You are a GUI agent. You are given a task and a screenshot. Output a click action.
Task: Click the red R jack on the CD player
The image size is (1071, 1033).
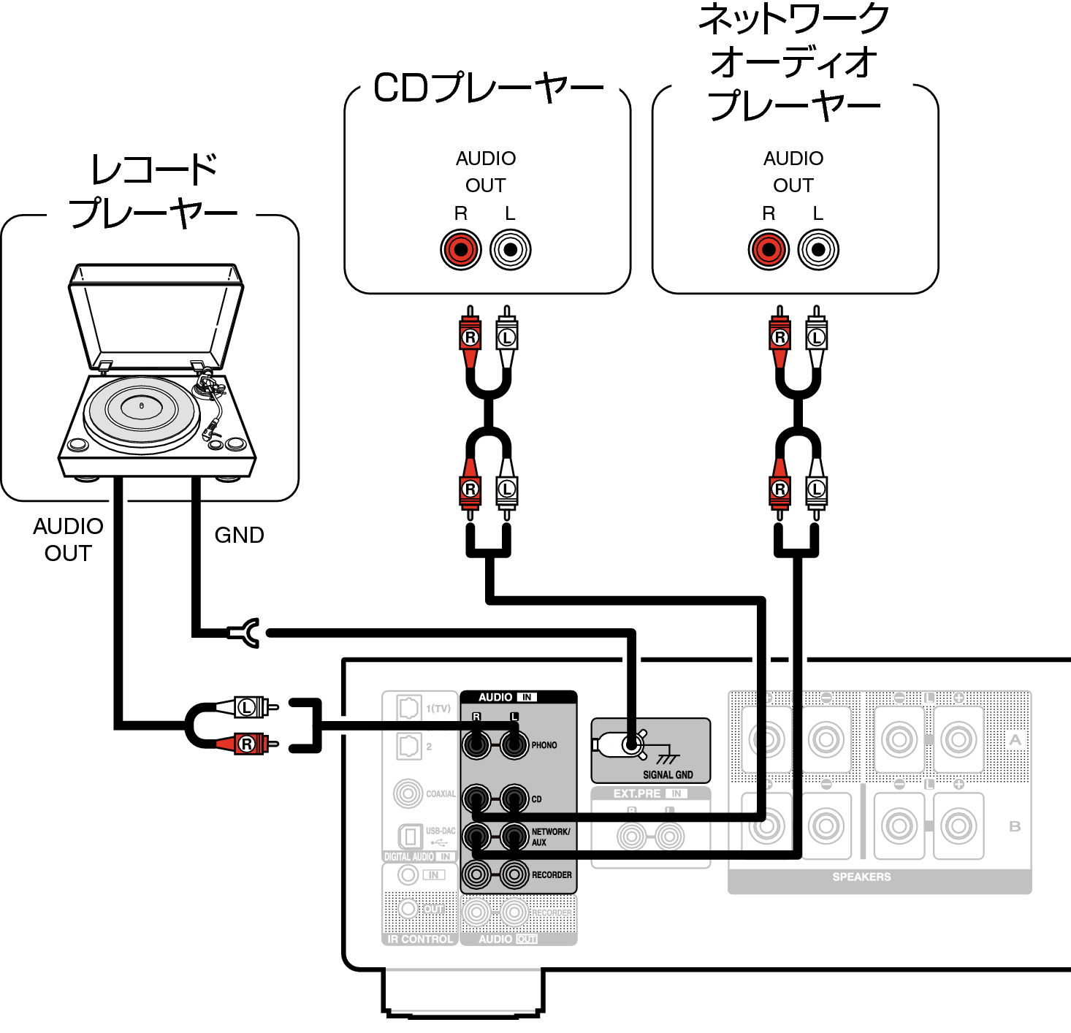[x=460, y=249]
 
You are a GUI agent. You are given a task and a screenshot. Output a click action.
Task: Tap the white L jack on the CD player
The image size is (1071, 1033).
[x=510, y=249]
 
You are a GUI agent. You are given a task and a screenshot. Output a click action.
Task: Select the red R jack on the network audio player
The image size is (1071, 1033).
[x=769, y=249]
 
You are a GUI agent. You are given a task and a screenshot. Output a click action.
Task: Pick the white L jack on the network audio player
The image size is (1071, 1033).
[x=818, y=249]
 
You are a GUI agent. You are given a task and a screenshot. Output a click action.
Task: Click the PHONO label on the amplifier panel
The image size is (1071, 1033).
[x=544, y=745]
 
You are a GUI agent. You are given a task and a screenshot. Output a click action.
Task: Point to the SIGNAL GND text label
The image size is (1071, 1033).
[x=668, y=774]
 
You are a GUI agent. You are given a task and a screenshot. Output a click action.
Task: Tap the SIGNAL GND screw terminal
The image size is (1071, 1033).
[x=631, y=744]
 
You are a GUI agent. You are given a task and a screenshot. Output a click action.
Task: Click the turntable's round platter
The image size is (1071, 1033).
[x=141, y=410]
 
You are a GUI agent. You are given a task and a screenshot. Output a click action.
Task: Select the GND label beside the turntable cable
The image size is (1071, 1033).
[x=239, y=535]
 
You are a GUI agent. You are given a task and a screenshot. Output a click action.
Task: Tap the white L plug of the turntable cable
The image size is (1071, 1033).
[x=252, y=707]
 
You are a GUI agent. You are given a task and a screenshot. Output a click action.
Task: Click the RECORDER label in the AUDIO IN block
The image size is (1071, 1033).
[x=552, y=874]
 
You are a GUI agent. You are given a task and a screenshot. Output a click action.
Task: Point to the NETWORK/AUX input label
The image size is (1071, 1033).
[x=550, y=836]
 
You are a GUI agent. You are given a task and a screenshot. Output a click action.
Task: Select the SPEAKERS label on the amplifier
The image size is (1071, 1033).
[x=861, y=877]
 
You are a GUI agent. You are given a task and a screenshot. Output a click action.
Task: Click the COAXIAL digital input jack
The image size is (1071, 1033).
[x=408, y=794]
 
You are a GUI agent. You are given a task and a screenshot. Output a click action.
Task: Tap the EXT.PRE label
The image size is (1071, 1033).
[x=637, y=793]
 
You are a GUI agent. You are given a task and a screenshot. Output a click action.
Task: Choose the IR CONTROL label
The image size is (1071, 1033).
[x=419, y=939]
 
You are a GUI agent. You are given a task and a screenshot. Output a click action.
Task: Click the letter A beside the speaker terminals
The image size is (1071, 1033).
[x=1015, y=740]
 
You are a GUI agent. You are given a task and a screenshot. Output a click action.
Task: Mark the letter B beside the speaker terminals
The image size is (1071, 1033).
[x=1015, y=826]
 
